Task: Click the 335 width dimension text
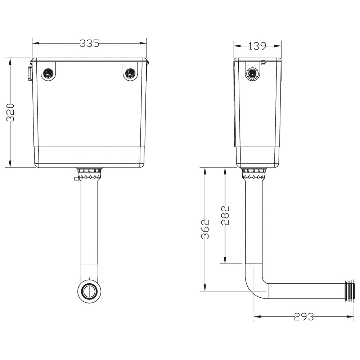tap(89, 44)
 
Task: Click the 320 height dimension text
tap(10, 113)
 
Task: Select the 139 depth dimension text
tap(257, 46)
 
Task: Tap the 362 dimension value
tap(204, 229)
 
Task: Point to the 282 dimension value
tap(225, 215)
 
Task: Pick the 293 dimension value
tap(304, 317)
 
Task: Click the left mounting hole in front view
tap(48, 73)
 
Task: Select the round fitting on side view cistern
tap(253, 73)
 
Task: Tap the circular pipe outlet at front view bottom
tap(89, 291)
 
